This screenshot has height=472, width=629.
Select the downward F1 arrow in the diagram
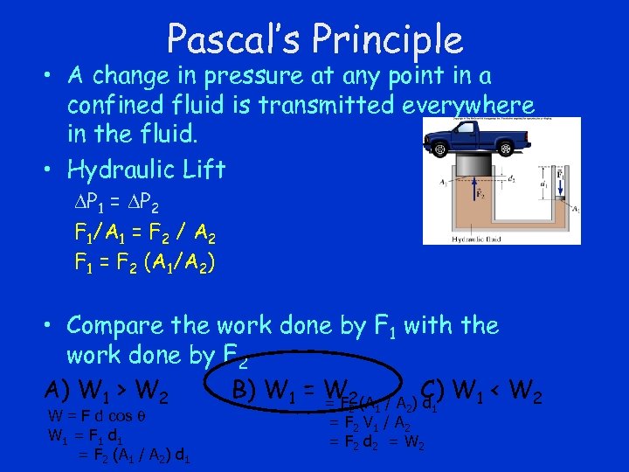(x=561, y=187)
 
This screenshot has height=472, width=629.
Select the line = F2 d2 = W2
(x=376, y=442)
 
